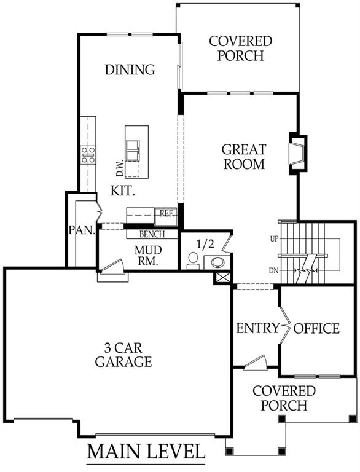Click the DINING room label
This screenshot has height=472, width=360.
pyautogui.click(x=129, y=69)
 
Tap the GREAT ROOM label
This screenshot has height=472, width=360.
pyautogui.click(x=244, y=157)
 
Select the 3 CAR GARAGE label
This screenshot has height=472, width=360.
pyautogui.click(x=123, y=355)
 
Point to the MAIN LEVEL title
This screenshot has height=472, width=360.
pyautogui.click(x=146, y=452)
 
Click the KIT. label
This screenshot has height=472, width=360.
pyautogui.click(x=123, y=191)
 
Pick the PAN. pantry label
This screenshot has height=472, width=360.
pyautogui.click(x=81, y=230)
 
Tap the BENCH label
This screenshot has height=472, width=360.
pyautogui.click(x=151, y=234)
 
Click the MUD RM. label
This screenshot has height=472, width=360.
pyautogui.click(x=147, y=255)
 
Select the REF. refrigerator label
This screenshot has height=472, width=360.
pyautogui.click(x=166, y=214)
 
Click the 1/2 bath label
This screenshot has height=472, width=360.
pyautogui.click(x=203, y=243)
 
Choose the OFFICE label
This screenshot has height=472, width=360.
pyautogui.click(x=316, y=328)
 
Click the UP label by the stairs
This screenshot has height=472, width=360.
pyautogui.click(x=274, y=238)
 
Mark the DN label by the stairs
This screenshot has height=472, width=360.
pyautogui.click(x=274, y=270)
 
